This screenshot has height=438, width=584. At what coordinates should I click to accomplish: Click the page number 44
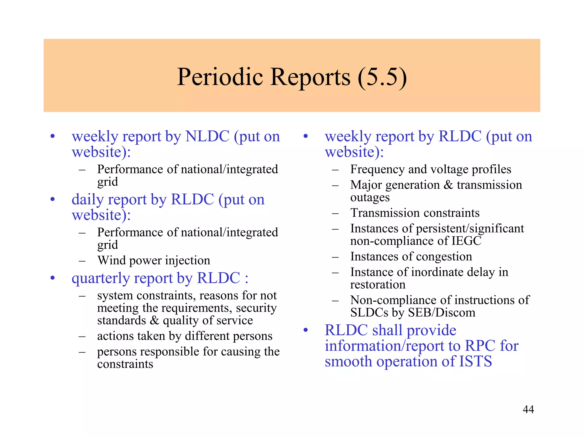click(x=528, y=409)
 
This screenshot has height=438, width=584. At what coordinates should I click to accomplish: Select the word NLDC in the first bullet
click(x=207, y=136)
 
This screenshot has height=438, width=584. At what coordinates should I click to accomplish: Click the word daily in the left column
click(x=88, y=199)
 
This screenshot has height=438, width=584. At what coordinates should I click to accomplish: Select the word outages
click(x=370, y=197)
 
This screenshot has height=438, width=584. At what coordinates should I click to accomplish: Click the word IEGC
click(x=466, y=241)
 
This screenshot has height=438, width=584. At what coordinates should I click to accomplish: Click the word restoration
click(x=378, y=285)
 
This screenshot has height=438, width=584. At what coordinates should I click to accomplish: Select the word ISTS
click(x=475, y=361)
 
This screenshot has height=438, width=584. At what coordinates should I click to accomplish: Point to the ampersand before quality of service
click(x=154, y=321)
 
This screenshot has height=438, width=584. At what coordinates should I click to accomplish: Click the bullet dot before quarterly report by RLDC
click(x=52, y=278)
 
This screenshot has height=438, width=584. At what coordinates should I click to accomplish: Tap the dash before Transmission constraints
click(x=335, y=213)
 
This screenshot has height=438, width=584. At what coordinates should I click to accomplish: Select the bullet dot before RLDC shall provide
click(x=306, y=330)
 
